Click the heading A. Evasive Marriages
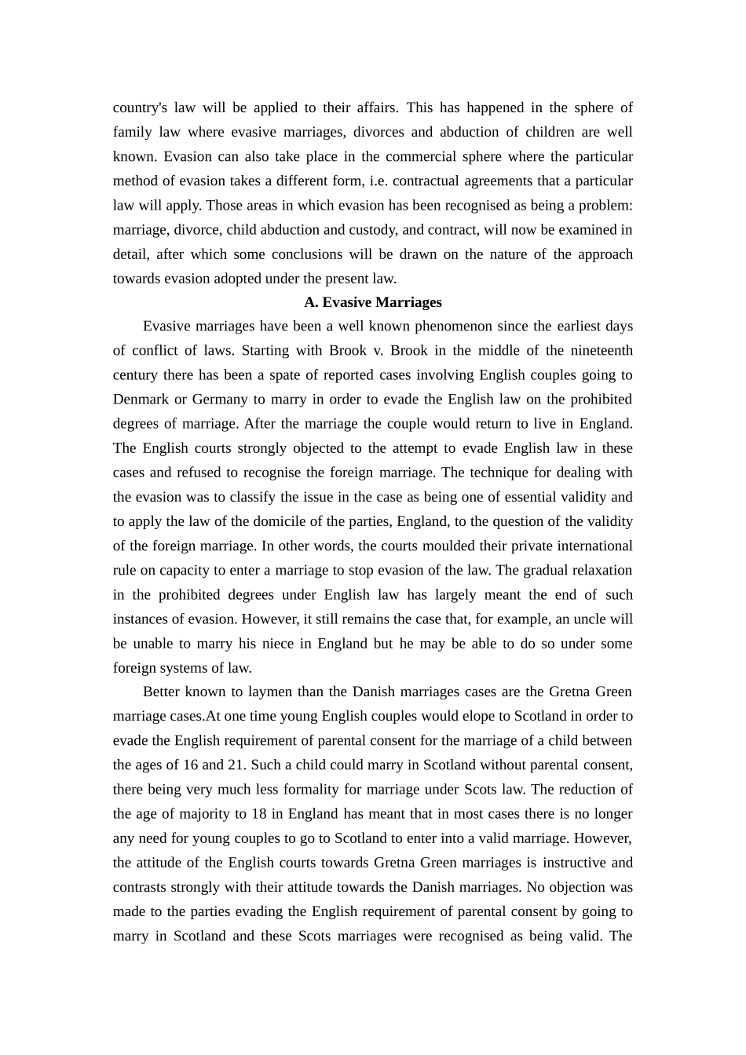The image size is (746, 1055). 372,302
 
